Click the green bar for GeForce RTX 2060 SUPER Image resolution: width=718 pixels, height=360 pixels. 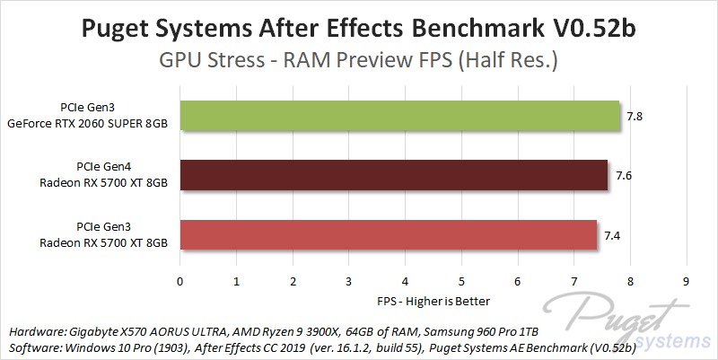coord(400,117)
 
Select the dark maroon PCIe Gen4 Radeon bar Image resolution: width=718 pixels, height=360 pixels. coord(394,175)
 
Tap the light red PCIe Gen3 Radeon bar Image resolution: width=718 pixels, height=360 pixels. coord(389,234)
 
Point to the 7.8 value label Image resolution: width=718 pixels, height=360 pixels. coord(635,117)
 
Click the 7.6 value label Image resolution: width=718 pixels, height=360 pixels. coord(623,176)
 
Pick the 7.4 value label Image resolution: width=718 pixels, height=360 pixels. coord(611,235)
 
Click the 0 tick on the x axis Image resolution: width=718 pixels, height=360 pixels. coord(180,281)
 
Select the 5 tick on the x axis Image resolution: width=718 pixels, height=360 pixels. coord(461,281)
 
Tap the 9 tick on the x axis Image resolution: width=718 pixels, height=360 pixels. coord(687,281)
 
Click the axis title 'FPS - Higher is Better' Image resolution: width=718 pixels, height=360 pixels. coord(433,299)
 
